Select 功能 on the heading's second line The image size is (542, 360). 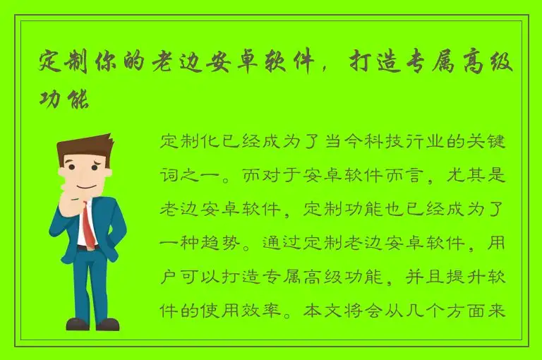click(64, 98)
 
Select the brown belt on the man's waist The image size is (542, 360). click(83, 248)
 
